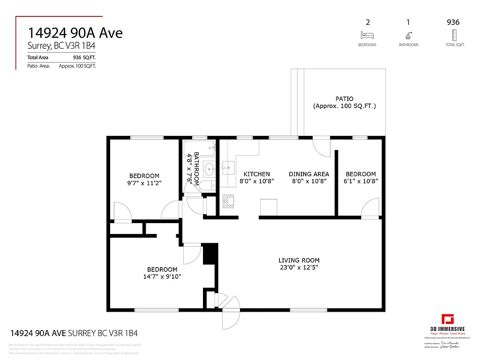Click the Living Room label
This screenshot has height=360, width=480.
(299, 260)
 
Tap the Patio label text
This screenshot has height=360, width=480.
(344, 99)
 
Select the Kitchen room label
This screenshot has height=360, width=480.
(256, 174)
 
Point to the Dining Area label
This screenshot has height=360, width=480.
(308, 174)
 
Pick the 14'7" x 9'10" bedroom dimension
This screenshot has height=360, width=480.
(162, 277)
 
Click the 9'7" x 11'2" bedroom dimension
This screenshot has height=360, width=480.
(144, 183)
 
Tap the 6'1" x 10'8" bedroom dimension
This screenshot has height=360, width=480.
(361, 181)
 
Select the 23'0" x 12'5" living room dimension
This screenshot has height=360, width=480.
(299, 268)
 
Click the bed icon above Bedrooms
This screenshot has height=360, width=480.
(367, 35)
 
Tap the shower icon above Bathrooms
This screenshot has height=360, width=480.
(408, 35)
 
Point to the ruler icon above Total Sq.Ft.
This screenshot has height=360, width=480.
(453, 35)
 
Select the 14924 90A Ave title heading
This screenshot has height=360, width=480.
(75, 33)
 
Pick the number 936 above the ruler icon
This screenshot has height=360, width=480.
(453, 22)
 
